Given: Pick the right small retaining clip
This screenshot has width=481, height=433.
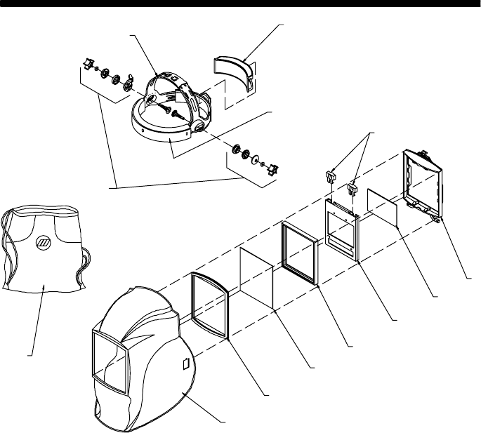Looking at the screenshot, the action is (353, 187).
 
